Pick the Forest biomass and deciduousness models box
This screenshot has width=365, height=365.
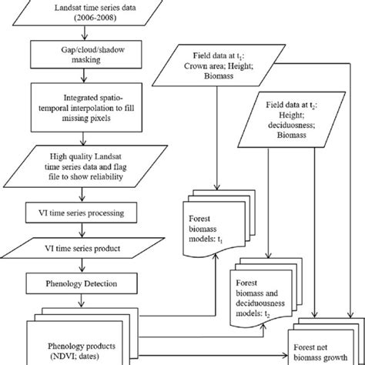click(x=270, y=296)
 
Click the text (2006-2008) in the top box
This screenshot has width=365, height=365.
click(x=83, y=18)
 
